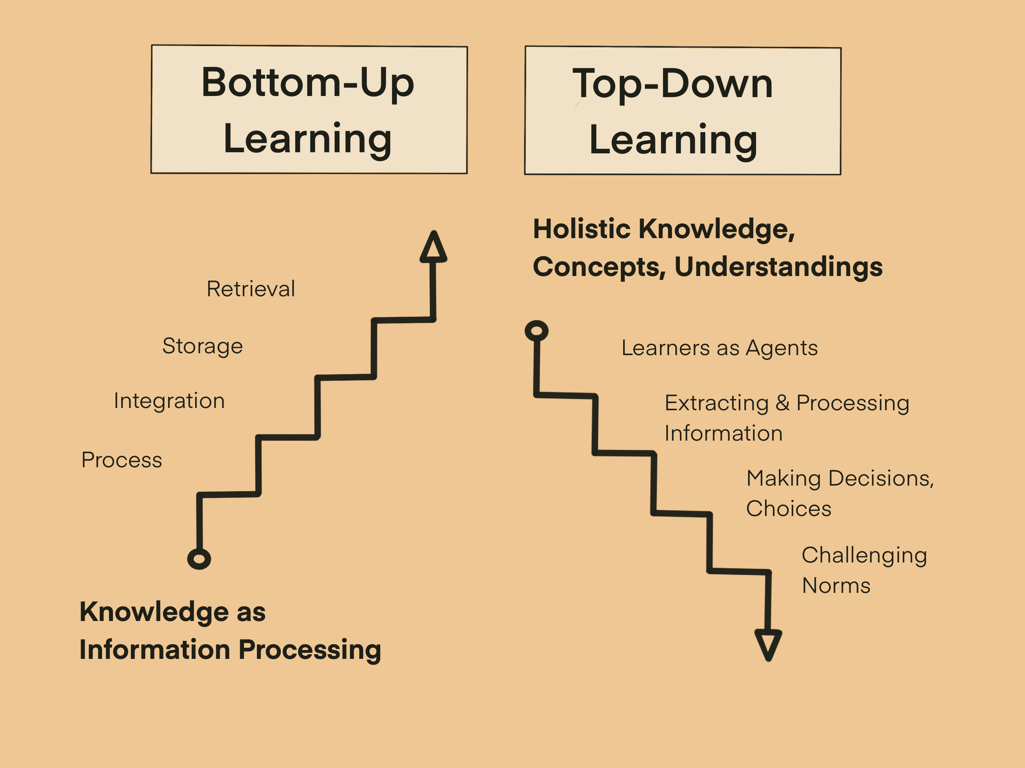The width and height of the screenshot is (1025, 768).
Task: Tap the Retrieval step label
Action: [251, 289]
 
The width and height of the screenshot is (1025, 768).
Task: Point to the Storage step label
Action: [203, 346]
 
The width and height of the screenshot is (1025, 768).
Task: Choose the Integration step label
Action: [169, 401]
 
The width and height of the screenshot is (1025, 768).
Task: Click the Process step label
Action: [122, 460]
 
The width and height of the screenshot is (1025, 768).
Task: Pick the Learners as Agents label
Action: [720, 348]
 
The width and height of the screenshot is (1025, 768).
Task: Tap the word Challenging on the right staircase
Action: [864, 556]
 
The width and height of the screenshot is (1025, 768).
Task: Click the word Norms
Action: [836, 586]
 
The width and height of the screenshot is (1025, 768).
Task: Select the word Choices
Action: [789, 508]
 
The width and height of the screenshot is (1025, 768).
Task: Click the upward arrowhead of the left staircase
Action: [433, 247]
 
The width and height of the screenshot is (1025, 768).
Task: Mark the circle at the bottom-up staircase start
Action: [199, 559]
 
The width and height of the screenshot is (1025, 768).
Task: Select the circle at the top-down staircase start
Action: [537, 331]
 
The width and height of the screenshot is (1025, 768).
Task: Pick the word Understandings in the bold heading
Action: [779, 268]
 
